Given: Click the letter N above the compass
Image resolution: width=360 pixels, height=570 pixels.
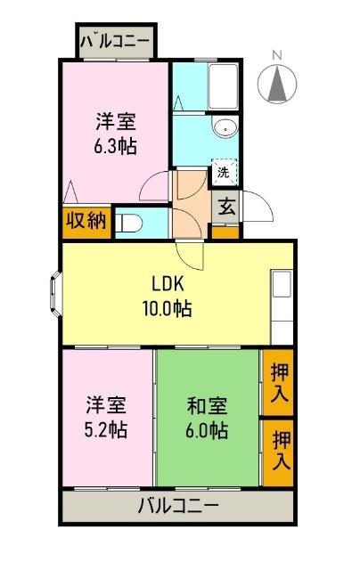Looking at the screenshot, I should pos(276,55).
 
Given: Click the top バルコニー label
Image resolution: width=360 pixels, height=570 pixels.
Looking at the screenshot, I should pos(116,41).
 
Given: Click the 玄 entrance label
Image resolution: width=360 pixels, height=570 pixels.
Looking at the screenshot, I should pos(226,208).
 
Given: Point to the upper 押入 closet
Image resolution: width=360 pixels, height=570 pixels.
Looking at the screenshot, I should pos(278,383).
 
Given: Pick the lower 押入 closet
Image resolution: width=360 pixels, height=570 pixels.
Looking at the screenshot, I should pos(279,452).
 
